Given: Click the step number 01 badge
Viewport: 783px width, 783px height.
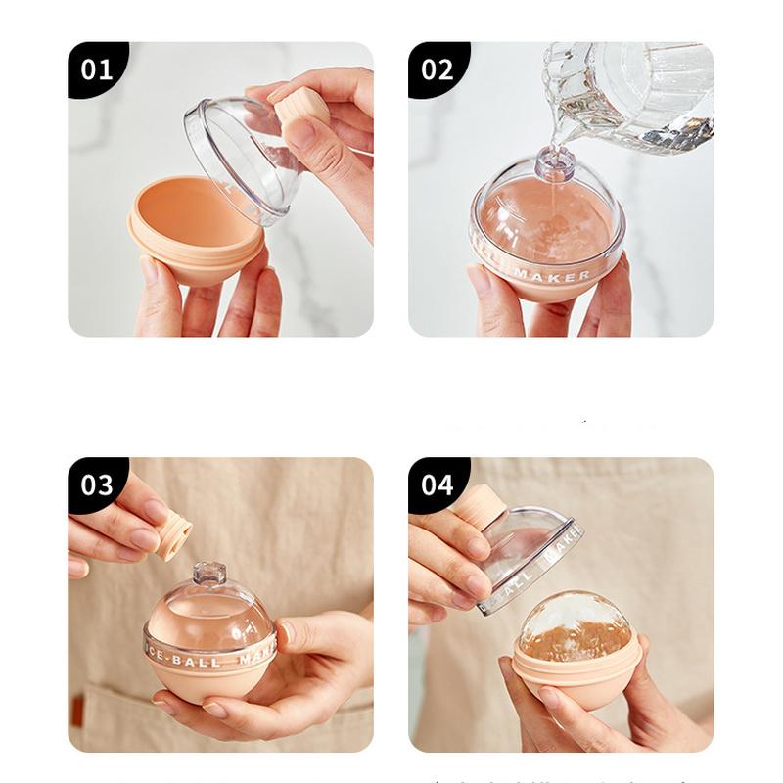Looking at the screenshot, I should point(96,69).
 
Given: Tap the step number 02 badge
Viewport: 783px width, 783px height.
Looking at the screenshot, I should point(438,69).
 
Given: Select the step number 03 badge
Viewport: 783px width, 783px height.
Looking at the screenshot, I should point(96,485).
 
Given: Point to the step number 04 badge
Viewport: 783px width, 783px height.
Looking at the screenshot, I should point(438,485).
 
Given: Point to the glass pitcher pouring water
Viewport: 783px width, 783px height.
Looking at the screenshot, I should point(636,93).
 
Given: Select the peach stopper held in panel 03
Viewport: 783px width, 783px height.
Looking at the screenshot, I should point(173,534).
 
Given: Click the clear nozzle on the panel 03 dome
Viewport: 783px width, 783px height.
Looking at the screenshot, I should point(208,573).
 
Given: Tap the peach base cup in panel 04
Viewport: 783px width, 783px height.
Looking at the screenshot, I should point(577,685).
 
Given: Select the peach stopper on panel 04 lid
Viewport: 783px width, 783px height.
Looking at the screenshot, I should point(480,505).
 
